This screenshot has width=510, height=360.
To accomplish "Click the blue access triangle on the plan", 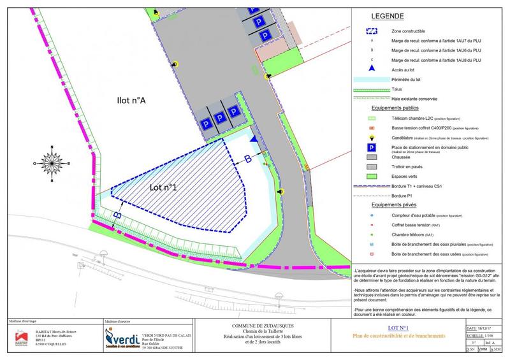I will click(254, 138).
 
